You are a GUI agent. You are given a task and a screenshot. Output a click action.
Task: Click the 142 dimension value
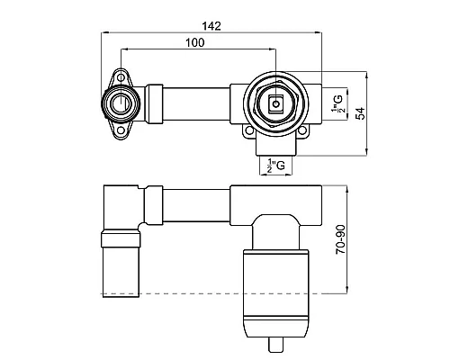(211, 26)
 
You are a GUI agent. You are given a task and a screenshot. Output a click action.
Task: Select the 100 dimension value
(194, 42)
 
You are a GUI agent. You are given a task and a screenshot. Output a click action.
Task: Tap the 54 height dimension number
(361, 113)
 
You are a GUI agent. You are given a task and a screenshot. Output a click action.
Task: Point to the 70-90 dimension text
(341, 239)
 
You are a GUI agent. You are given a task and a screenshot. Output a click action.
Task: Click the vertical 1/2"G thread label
(337, 103)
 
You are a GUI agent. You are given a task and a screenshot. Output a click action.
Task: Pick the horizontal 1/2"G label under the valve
(275, 166)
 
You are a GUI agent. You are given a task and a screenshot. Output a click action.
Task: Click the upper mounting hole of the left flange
(121, 77)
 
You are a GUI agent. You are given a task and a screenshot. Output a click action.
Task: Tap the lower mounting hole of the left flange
(121, 130)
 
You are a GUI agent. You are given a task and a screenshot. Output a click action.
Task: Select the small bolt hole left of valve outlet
(248, 130)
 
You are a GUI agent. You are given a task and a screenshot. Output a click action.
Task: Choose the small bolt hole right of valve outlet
(302, 130)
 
